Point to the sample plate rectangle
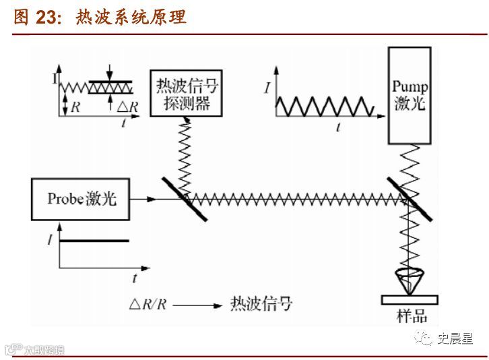pos(410,299)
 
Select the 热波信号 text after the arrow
pos(261,303)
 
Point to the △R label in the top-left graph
pos(128,107)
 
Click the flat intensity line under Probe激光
pos(94,241)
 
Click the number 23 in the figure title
pos(46,18)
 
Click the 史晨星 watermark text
pos(456,338)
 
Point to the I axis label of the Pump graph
pos(267,88)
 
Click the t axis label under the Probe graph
pos(135,277)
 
